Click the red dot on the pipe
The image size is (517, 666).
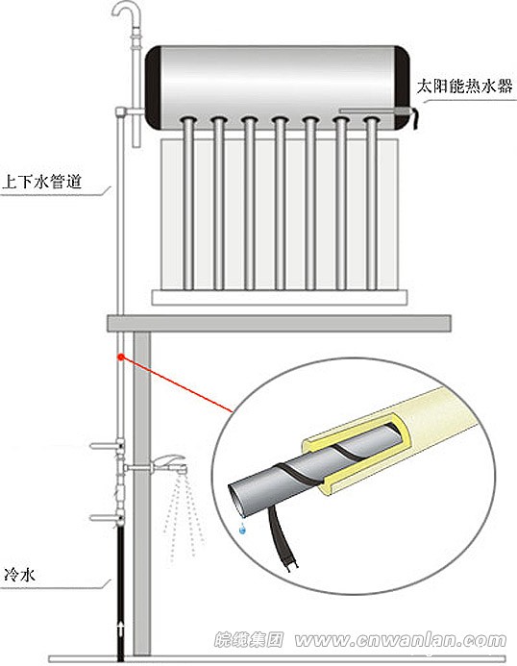coord(120,357)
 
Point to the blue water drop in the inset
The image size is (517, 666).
coord(242,528)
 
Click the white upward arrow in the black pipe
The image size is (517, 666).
coord(120,629)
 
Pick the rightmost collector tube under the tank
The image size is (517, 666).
coord(370,202)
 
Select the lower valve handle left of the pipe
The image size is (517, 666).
coord(104,517)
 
